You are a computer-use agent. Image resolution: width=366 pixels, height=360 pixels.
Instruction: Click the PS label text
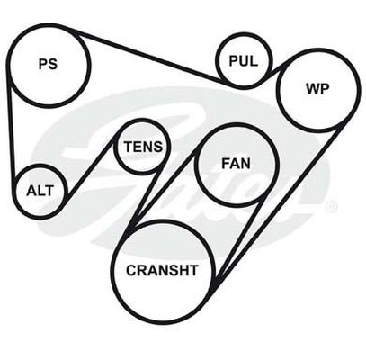click(x=48, y=64)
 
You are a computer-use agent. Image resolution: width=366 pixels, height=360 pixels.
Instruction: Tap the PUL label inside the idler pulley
click(x=243, y=61)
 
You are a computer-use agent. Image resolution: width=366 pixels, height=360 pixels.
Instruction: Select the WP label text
click(x=317, y=88)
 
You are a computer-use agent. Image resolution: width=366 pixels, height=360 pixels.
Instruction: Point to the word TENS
click(x=143, y=147)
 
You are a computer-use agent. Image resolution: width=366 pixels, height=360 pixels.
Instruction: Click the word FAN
click(x=236, y=164)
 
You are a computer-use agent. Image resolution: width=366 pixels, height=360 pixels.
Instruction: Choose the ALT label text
click(x=40, y=191)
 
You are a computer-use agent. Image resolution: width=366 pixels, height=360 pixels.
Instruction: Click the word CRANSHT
click(x=162, y=270)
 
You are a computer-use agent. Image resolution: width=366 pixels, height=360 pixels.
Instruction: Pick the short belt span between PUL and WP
click(x=276, y=68)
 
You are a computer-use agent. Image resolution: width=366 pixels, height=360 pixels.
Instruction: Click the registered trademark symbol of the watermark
click(x=331, y=207)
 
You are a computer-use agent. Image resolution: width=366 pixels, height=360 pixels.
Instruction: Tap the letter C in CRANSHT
click(x=131, y=270)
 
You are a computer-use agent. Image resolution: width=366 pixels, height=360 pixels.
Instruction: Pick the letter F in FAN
click(x=226, y=164)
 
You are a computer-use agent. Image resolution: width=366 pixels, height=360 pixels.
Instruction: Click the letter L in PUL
click(x=254, y=61)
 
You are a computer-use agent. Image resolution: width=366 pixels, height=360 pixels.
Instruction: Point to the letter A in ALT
click(x=31, y=191)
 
